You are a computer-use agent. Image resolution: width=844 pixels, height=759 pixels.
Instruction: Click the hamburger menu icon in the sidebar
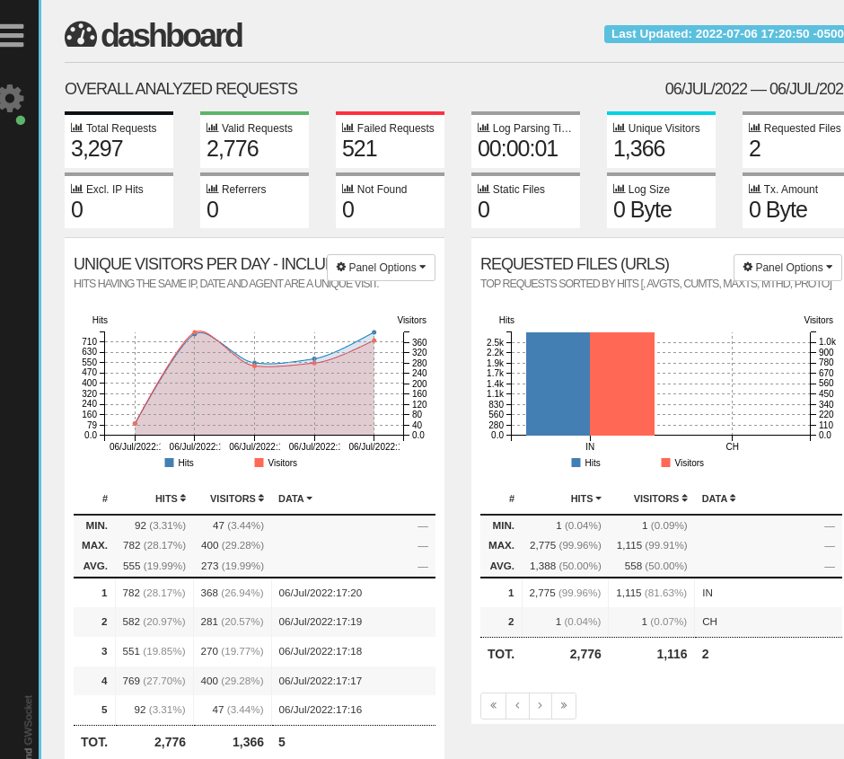coord(12,34)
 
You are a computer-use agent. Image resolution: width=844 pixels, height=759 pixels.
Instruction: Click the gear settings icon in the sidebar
coord(11,98)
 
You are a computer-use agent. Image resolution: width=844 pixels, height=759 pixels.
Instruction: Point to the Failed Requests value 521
coord(360,149)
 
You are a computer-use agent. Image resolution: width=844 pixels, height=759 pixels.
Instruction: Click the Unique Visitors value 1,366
coord(639,149)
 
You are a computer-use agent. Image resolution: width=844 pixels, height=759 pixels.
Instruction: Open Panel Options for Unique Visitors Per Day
coord(381,268)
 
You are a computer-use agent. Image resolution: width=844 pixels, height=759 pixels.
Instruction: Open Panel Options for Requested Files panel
coord(787,268)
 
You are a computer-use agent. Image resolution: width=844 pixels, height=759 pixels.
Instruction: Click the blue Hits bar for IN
coord(558,384)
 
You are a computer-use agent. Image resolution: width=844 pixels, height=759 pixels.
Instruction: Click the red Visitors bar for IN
coord(622,384)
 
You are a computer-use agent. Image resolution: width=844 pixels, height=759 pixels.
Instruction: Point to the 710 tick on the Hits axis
coord(90,341)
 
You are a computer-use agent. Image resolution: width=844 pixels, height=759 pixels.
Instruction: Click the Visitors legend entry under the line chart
coord(276,463)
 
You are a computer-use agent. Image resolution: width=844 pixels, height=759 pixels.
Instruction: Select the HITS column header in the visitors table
coord(170,499)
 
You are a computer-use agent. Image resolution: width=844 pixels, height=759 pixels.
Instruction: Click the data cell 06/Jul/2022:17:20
coord(321,593)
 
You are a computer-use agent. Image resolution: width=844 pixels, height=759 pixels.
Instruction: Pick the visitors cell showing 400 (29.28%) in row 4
coord(232,681)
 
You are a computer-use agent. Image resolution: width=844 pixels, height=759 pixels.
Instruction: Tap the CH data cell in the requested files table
coord(709,622)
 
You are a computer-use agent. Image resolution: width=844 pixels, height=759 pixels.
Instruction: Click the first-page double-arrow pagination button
coord(493,706)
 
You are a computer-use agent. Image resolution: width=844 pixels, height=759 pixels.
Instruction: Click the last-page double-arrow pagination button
coord(564,706)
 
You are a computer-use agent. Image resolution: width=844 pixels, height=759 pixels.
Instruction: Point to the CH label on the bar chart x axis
coord(732,446)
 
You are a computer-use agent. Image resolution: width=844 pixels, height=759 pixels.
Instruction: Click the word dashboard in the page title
coord(171,36)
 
